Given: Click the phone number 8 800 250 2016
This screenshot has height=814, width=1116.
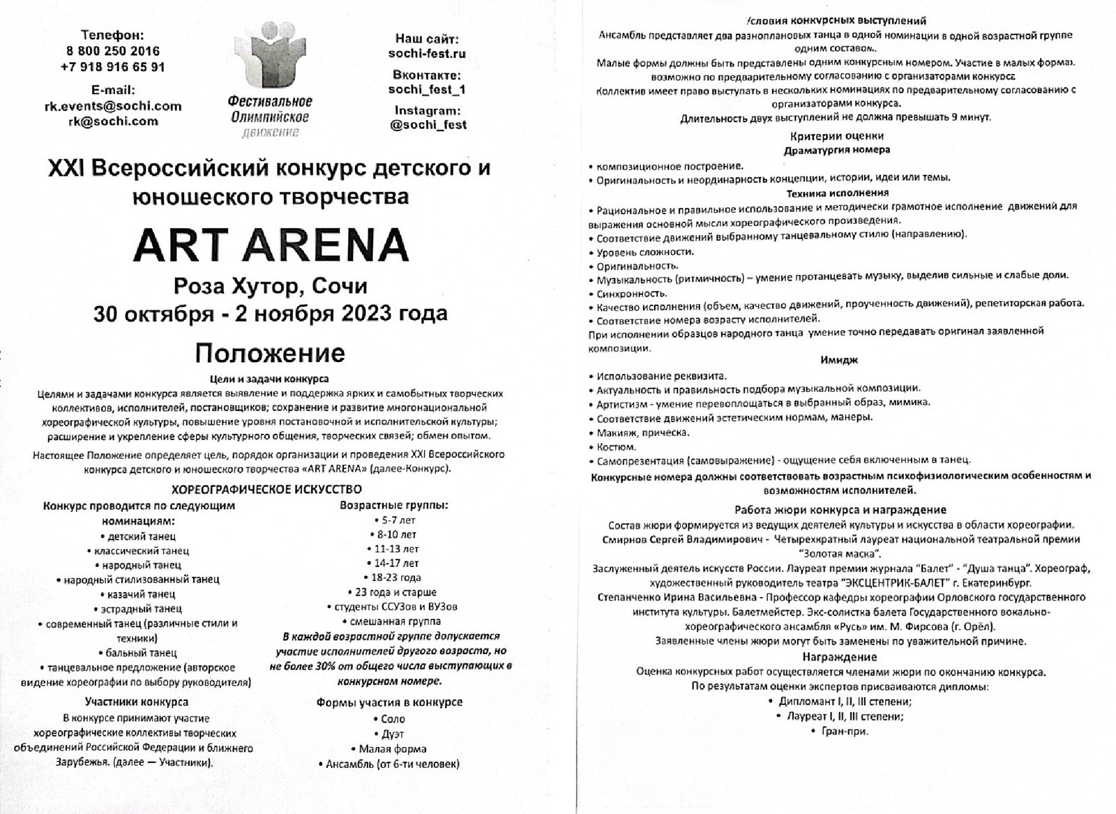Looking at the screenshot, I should click(x=113, y=51).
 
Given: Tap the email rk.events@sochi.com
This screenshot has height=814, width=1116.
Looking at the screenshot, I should click(x=113, y=106).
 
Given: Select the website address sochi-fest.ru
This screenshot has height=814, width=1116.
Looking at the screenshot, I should click(x=427, y=54).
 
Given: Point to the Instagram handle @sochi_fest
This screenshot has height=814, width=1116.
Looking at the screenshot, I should click(x=428, y=125).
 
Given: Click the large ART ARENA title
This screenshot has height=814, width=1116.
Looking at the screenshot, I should click(x=271, y=245).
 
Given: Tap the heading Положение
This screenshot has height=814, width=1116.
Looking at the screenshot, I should click(x=270, y=353).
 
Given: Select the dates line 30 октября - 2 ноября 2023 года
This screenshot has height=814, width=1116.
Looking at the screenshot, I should click(x=271, y=314).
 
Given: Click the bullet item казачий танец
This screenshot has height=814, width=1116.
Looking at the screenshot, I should click(x=142, y=594).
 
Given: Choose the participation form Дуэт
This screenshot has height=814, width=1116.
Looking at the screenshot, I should click(x=392, y=734).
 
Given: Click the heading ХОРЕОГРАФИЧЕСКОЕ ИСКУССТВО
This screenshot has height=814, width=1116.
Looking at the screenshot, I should click(x=266, y=489).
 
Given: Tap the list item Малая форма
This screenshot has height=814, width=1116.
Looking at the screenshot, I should click(x=392, y=749).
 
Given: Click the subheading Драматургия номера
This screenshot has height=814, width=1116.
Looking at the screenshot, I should click(x=836, y=149).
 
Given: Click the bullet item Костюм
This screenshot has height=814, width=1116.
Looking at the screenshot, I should click(x=615, y=447).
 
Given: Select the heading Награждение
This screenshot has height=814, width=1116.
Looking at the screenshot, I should click(x=839, y=657).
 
